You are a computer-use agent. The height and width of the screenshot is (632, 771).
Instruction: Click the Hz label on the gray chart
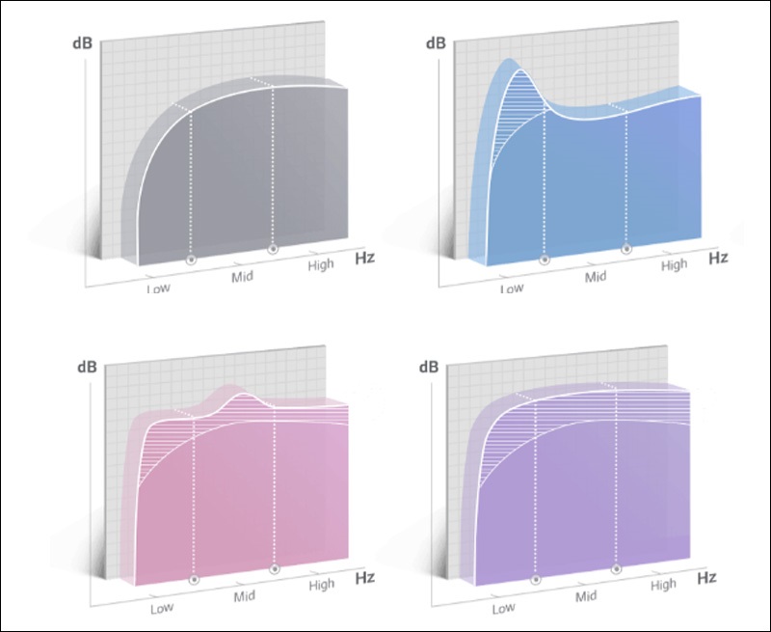pyautogui.click(x=363, y=258)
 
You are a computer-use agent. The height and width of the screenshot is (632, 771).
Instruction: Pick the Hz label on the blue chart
pyautogui.click(x=719, y=258)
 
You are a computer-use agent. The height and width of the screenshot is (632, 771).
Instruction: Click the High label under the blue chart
pyautogui.click(x=675, y=263)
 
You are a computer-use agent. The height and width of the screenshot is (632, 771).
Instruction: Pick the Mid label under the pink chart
pyautogui.click(x=244, y=596)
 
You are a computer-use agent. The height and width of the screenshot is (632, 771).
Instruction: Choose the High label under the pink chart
pyautogui.click(x=321, y=585)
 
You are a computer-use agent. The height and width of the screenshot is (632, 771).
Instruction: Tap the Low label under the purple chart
pyautogui.click(x=503, y=608)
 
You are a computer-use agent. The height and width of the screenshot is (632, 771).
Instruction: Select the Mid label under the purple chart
pyautogui.click(x=587, y=596)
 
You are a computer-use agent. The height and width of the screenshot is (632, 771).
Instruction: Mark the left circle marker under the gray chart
pyautogui.click(x=190, y=259)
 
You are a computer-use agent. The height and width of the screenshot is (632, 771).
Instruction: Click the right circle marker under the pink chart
pyautogui.click(x=275, y=569)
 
